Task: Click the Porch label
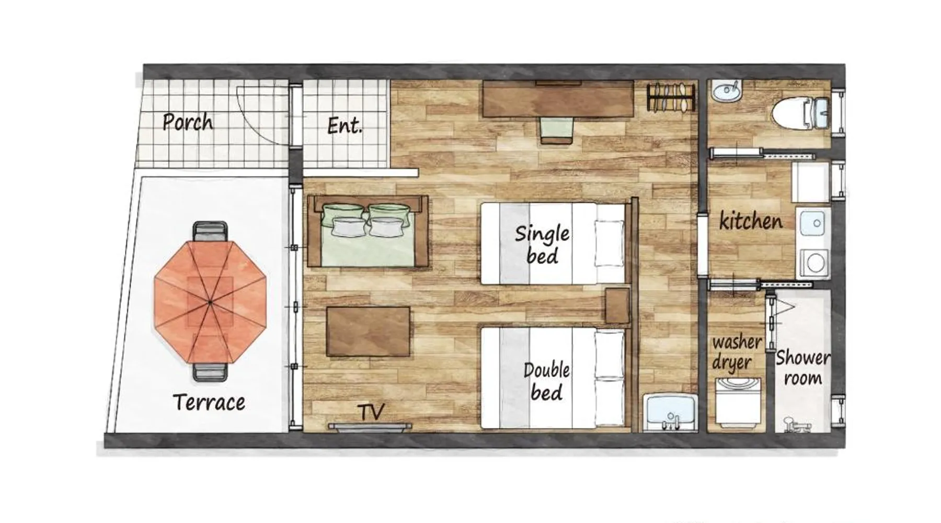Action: [188, 122]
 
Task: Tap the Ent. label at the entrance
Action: [345, 126]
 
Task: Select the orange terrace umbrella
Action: [210, 302]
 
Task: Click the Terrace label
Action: [209, 402]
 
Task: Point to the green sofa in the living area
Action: [368, 231]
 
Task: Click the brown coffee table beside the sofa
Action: [368, 332]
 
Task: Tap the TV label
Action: [372, 412]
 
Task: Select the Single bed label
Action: [542, 244]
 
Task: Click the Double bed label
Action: [546, 381]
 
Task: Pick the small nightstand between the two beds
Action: [617, 305]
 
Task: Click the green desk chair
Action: [557, 130]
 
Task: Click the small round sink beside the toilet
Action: [727, 92]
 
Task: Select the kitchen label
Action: [751, 221]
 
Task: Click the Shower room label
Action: [802, 368]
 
